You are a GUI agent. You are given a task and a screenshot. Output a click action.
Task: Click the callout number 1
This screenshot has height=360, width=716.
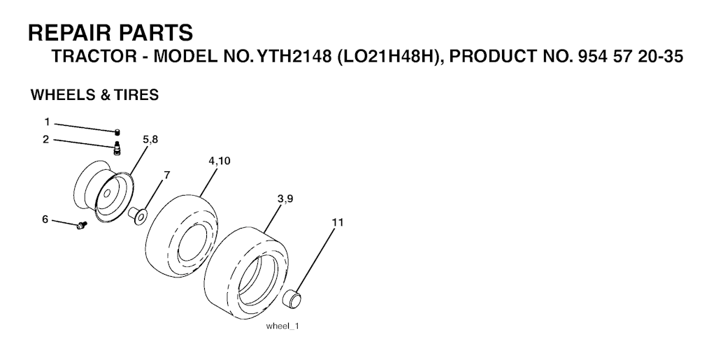click(x=47, y=122)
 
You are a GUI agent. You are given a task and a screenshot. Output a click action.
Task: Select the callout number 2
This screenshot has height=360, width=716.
click(x=45, y=139)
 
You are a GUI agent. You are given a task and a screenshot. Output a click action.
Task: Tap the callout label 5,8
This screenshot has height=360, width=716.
click(x=150, y=140)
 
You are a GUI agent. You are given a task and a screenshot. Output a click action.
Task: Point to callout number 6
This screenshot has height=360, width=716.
click(x=45, y=219)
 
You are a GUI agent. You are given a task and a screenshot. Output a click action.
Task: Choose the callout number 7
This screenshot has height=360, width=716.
click(x=166, y=175)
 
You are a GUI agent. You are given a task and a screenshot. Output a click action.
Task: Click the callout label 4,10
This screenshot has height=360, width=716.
click(x=219, y=161)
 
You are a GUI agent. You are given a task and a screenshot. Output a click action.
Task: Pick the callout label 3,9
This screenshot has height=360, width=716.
click(x=285, y=199)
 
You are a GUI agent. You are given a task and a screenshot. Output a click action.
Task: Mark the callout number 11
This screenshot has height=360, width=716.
click(x=338, y=222)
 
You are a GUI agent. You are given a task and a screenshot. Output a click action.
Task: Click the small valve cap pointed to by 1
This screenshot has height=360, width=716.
click(x=117, y=132)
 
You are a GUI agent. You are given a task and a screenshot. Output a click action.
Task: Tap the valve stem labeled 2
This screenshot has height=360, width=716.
click(x=117, y=149)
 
